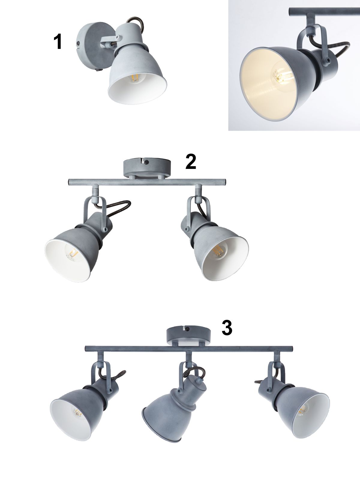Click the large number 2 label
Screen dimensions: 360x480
click(191, 162)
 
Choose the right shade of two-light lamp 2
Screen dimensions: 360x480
click(221, 254)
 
